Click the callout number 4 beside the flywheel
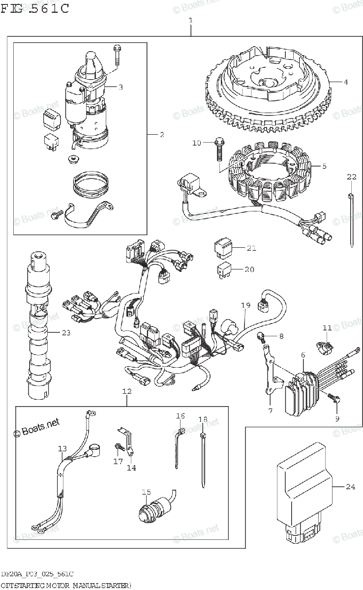346,82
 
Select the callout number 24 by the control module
350,487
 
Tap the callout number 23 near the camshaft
66,333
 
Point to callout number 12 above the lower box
126,392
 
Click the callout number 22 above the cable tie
351,177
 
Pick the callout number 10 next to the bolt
197,143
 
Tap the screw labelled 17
118,446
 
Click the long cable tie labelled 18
203,460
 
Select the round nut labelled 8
263,337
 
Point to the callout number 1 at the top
190,21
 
